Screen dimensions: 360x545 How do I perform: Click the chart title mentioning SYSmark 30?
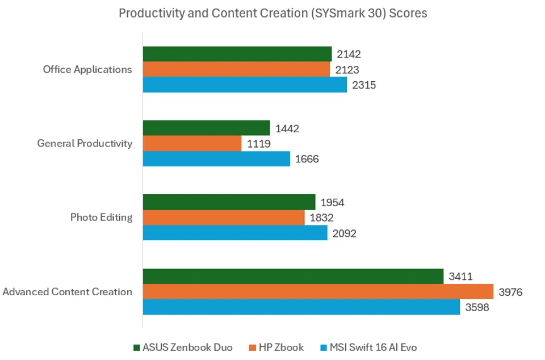pos(272,13)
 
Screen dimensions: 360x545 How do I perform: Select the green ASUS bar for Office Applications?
pos(237,54)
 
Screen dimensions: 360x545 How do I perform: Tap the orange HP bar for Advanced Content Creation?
pos(318,292)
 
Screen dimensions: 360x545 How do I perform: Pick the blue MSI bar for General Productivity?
pos(216,158)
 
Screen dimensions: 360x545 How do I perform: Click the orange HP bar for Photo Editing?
pos(223,217)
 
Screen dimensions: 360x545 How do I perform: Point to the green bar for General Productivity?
pos(206,128)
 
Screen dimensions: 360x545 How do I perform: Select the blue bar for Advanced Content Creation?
pos(301,307)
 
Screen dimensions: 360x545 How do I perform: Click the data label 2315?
pos(364,85)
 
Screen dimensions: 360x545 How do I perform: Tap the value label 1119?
pos(259,144)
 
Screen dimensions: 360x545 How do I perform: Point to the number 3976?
pos(510,292)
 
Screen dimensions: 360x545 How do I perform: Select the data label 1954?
pos(333,203)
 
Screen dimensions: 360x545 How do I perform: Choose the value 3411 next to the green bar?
pos(460,277)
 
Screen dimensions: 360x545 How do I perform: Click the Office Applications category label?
pos(87,69)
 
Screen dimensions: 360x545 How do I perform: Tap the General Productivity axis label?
pos(85,143)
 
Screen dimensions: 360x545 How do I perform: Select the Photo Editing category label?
pos(101,217)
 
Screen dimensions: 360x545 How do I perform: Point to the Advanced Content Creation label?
pos(68,292)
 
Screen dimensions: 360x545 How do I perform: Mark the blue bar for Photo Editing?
pos(234,233)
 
